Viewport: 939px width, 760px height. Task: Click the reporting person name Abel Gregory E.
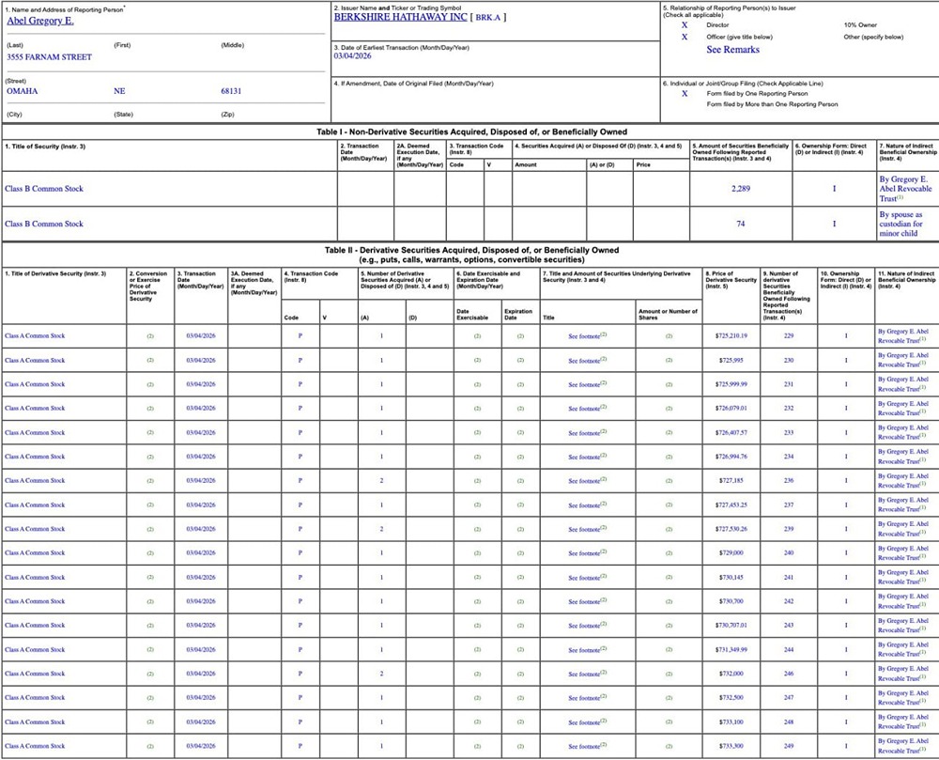pos(39,20)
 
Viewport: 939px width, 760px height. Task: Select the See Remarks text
pos(732,50)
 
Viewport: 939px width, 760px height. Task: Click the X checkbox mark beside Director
pos(685,25)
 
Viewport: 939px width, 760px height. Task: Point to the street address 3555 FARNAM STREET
pos(49,57)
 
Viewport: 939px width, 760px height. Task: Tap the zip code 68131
pos(231,91)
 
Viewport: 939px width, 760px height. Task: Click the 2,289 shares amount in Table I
pos(742,188)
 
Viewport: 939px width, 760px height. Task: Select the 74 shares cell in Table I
pos(741,224)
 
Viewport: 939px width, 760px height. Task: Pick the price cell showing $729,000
pos(731,552)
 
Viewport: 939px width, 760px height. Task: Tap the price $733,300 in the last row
pos(731,746)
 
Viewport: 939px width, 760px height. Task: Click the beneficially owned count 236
pos(789,480)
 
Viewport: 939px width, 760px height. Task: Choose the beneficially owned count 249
pos(789,746)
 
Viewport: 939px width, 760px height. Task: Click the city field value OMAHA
pos(23,91)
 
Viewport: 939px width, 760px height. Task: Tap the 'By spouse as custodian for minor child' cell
pos(901,224)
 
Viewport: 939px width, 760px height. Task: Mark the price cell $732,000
pos(731,674)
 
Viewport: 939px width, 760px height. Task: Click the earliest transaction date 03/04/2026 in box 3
pos(353,56)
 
